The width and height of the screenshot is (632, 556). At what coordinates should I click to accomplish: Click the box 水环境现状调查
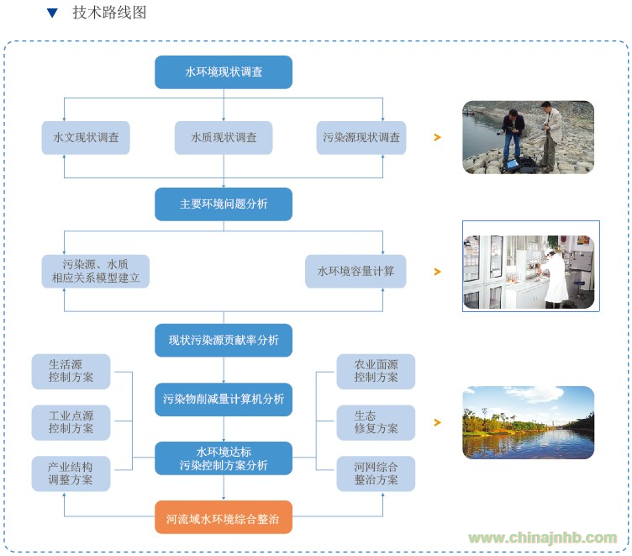(x=224, y=72)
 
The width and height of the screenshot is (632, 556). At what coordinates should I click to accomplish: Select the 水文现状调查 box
(x=86, y=138)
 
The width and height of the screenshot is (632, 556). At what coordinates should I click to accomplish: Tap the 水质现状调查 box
(x=224, y=138)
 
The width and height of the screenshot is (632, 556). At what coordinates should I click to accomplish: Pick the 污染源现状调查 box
(x=361, y=138)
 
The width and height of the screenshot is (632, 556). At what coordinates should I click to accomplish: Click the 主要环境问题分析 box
(x=224, y=204)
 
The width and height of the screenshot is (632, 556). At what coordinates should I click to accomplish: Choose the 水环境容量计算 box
(x=355, y=271)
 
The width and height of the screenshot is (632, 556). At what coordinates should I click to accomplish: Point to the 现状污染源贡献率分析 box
(x=224, y=340)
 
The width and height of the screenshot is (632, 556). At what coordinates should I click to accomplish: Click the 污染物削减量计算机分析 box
(x=224, y=400)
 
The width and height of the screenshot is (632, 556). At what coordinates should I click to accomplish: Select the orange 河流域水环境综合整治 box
(x=224, y=517)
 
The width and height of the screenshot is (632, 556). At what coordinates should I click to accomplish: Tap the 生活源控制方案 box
(x=71, y=372)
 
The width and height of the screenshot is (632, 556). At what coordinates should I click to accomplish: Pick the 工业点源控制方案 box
(x=71, y=422)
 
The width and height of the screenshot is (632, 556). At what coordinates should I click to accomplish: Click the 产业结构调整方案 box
(x=71, y=474)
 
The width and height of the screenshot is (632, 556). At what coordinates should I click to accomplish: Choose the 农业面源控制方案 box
(x=376, y=372)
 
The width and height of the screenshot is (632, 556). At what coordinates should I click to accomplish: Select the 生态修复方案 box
(x=376, y=422)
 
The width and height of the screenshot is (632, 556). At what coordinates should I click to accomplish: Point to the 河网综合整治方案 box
(x=376, y=474)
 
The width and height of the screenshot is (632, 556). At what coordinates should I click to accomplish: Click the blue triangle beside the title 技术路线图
(x=52, y=13)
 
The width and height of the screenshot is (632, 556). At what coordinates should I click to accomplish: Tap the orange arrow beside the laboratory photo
(x=437, y=272)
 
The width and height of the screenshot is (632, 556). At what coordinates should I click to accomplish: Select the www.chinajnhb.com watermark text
(x=543, y=537)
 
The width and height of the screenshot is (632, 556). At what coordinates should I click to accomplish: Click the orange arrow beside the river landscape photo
(x=437, y=422)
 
